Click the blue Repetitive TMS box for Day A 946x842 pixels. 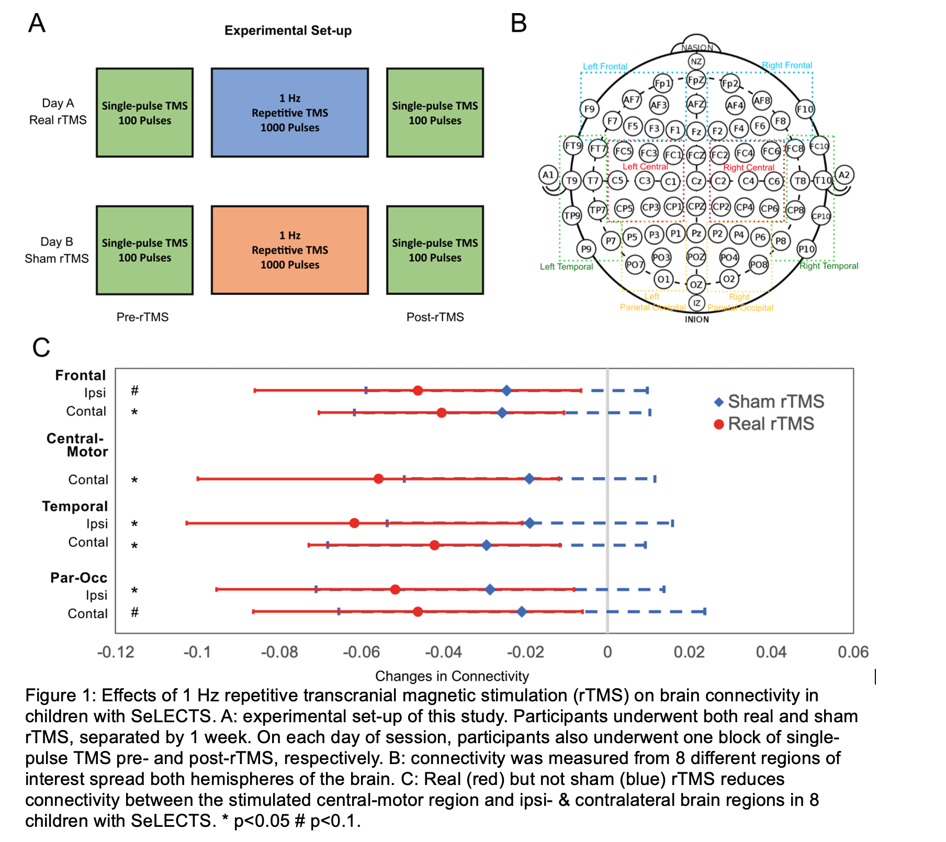point(289,112)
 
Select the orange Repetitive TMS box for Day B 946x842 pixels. point(289,250)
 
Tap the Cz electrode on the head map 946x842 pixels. point(696,181)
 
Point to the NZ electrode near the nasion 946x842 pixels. point(696,62)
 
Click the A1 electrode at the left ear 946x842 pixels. point(548,175)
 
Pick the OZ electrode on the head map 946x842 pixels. point(696,285)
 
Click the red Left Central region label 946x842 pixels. point(645,167)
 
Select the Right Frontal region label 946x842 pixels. point(787,65)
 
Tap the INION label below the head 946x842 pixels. point(696,320)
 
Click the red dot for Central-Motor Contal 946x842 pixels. point(378,479)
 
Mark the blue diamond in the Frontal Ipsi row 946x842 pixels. point(506,390)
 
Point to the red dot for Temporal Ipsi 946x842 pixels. point(354,523)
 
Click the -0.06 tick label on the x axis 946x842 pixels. point(361,652)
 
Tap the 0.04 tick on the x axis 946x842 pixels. point(771,652)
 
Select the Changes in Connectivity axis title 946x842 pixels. point(452,676)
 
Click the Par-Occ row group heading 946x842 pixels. point(78,578)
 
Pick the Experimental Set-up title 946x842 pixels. point(288,30)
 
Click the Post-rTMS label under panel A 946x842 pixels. point(435,317)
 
